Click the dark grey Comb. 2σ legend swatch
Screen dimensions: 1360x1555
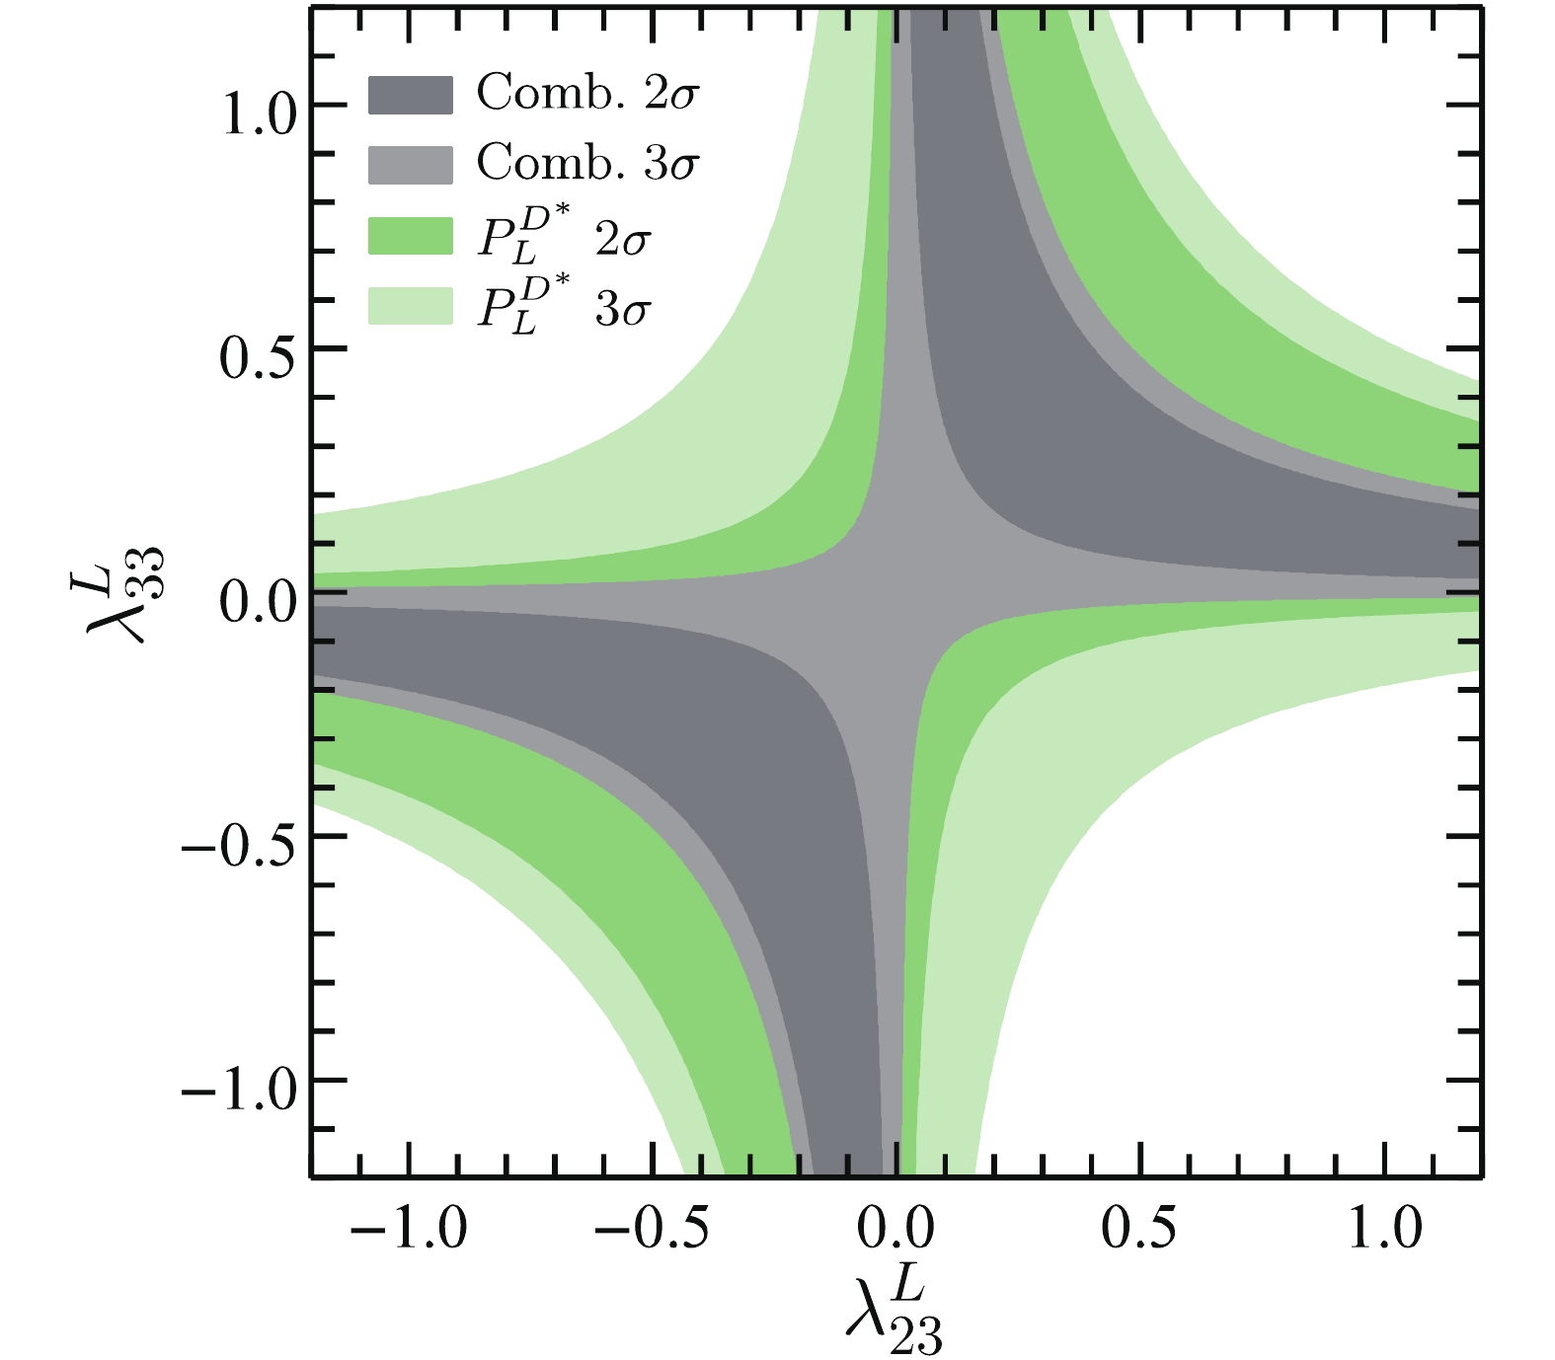point(410,95)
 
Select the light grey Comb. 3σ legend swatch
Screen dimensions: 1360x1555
point(410,165)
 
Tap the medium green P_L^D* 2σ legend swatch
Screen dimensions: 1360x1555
point(410,237)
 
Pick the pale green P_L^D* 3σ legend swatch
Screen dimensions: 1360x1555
point(410,306)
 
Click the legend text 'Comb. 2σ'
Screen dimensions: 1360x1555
point(587,94)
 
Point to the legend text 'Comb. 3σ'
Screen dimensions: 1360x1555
point(587,164)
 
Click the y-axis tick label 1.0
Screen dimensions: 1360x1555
point(259,116)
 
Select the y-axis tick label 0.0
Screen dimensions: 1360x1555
point(259,603)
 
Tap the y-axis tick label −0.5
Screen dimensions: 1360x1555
point(239,848)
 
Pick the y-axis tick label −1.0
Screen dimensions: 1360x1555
point(239,1092)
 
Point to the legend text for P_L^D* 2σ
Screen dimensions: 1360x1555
point(564,237)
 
